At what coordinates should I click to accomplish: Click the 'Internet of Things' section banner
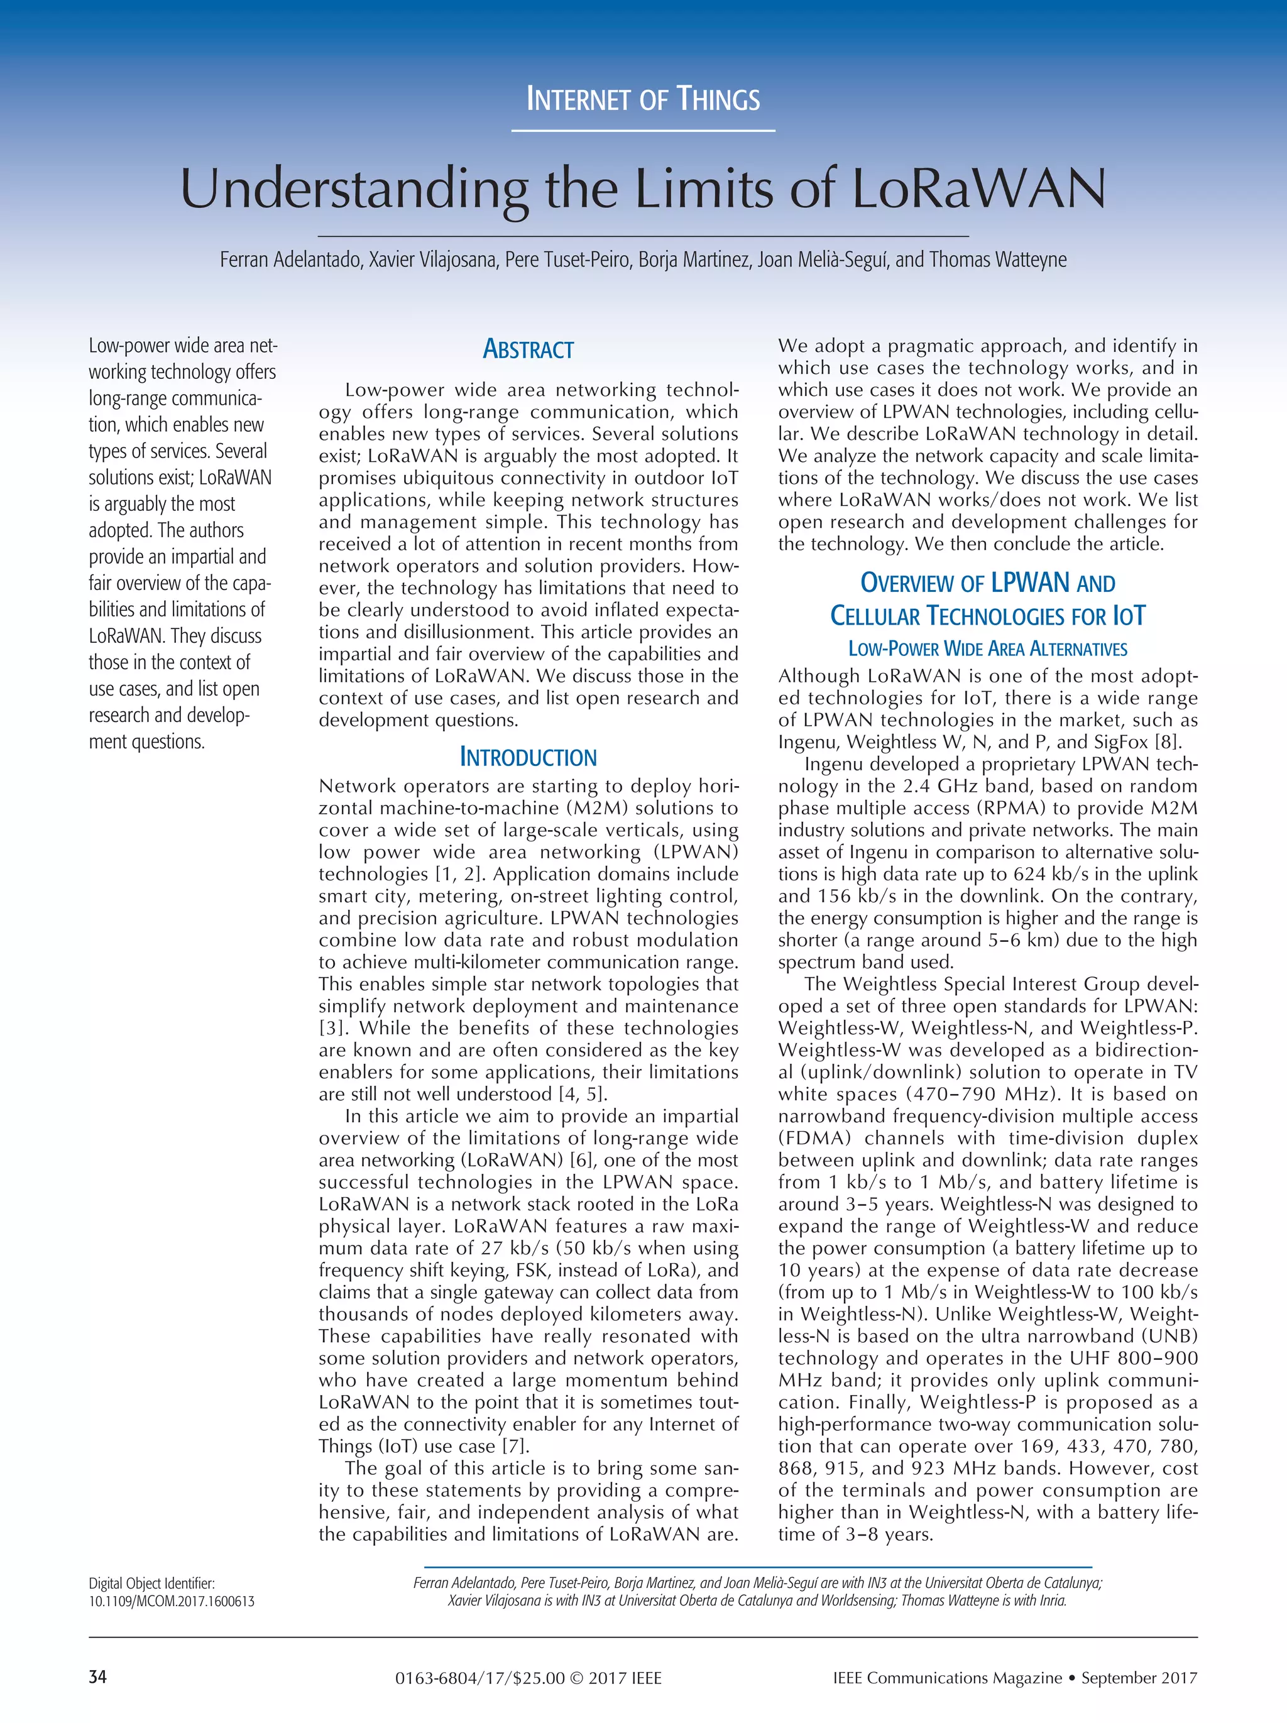click(x=643, y=100)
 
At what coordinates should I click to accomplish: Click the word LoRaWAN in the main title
click(x=978, y=189)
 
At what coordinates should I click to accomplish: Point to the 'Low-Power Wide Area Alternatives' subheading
click(x=987, y=649)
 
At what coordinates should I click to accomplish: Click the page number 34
click(x=97, y=1677)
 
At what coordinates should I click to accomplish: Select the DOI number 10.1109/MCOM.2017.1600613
click(x=172, y=1602)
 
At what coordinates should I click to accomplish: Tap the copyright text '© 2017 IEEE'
click(x=615, y=1678)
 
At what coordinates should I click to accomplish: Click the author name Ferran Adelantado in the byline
click(x=290, y=260)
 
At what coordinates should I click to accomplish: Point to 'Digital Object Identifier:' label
click(x=151, y=1583)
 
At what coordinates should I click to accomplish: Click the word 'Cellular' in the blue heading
click(x=875, y=616)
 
